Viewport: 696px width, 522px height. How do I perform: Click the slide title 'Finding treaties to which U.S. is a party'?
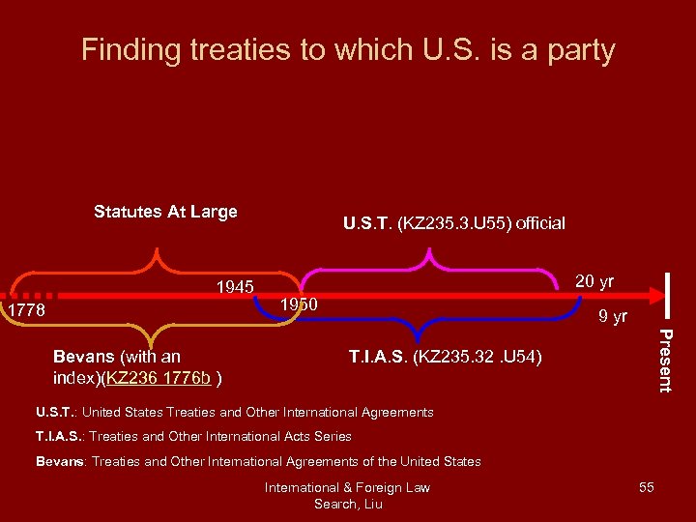click(x=348, y=49)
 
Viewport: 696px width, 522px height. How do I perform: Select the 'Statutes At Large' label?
click(x=165, y=212)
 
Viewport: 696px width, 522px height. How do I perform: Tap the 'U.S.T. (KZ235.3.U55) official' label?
click(x=454, y=223)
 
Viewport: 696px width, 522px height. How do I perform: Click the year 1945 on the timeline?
click(x=235, y=287)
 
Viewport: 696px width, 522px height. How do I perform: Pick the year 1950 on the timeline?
click(x=299, y=305)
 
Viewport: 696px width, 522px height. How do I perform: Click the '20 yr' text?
click(x=594, y=281)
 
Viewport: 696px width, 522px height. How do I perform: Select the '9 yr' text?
click(x=612, y=316)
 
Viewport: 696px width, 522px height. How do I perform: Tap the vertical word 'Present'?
click(x=665, y=360)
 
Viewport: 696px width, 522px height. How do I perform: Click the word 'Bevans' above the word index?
click(x=82, y=357)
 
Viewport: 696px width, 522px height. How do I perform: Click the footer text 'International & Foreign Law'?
click(x=347, y=487)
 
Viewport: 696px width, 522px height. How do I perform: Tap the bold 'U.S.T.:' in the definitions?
click(x=58, y=412)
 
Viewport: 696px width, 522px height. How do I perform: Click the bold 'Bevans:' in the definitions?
click(x=61, y=461)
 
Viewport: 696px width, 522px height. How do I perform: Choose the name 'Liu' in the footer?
click(x=372, y=504)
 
